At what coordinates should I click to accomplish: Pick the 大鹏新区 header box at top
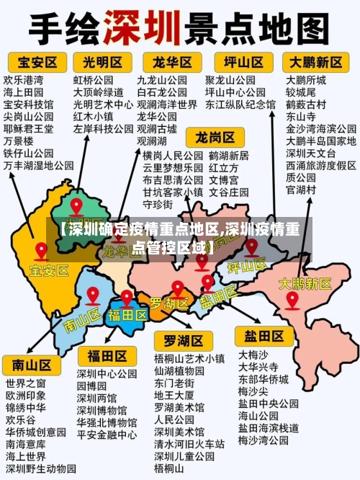pos(316,61)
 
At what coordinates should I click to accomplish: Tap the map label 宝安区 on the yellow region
pos(49,270)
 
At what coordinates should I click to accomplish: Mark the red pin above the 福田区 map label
pos(127,298)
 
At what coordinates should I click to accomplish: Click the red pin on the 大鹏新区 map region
pos(292,299)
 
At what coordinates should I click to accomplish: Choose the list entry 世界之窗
pos(26,382)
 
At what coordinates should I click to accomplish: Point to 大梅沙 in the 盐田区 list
pos(253,354)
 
